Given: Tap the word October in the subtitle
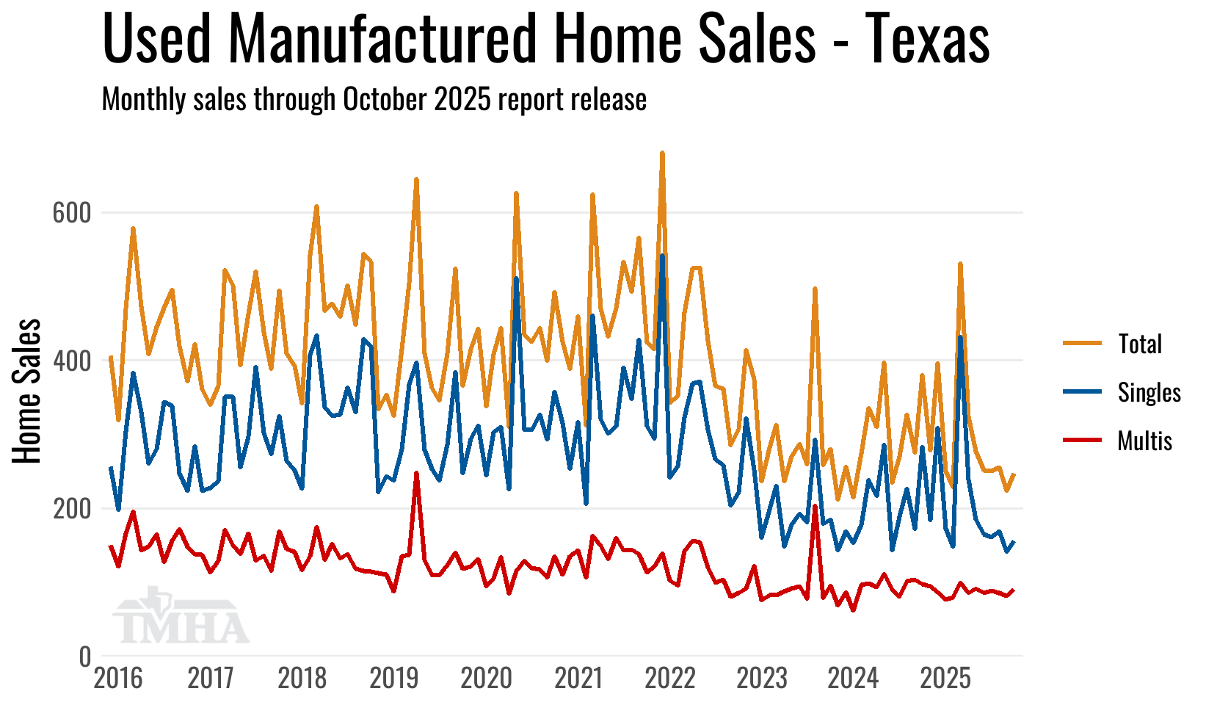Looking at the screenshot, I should tap(386, 99).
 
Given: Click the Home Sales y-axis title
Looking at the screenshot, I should tap(27, 391).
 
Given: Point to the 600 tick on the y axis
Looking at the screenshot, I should tap(71, 213).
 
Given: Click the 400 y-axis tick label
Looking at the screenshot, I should tap(71, 361).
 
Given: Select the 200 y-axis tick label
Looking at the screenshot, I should tap(71, 509).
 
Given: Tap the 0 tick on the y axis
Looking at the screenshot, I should tap(85, 657).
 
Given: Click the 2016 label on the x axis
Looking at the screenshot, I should tap(118, 678).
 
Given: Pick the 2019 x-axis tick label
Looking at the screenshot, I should tap(394, 678).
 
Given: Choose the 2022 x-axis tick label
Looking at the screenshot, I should tap(669, 678).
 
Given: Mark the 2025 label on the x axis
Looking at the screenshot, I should tap(945, 678).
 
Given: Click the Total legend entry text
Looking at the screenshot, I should tap(1139, 344).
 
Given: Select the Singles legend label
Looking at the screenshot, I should tap(1149, 392).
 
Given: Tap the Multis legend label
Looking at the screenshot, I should tap(1144, 441).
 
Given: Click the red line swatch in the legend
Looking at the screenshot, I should tap(1083, 441).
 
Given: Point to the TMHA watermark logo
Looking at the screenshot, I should tap(181, 617).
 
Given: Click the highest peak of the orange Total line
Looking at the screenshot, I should tap(662, 153).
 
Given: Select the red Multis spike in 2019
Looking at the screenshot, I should tap(416, 474).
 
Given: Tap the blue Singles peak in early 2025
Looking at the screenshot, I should tap(960, 337).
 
